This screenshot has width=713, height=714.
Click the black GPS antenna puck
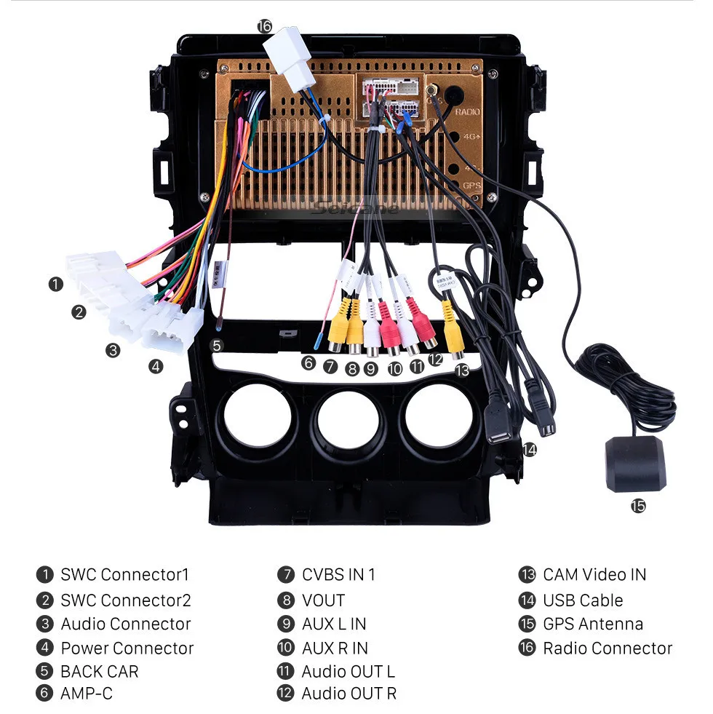(634, 464)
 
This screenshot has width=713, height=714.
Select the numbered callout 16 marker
(263, 26)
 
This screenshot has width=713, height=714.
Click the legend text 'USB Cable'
(582, 600)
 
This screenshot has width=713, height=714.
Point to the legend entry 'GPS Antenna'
(592, 624)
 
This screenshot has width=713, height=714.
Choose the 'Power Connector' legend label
(127, 648)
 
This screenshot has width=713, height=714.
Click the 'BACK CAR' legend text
(99, 671)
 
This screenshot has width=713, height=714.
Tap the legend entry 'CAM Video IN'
(594, 574)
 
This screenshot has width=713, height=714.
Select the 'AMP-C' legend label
(87, 694)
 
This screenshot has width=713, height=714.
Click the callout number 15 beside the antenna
(637, 506)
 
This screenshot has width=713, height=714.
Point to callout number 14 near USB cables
(529, 450)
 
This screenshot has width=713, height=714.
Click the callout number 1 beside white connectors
(56, 284)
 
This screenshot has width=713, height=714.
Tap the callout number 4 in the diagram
(156, 366)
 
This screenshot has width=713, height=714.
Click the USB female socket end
(499, 430)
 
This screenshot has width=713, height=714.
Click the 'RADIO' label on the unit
(467, 113)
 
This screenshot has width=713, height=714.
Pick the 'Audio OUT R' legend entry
(348, 694)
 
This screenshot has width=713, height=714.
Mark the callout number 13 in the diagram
(462, 370)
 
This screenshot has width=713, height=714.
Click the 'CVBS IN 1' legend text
(338, 574)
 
